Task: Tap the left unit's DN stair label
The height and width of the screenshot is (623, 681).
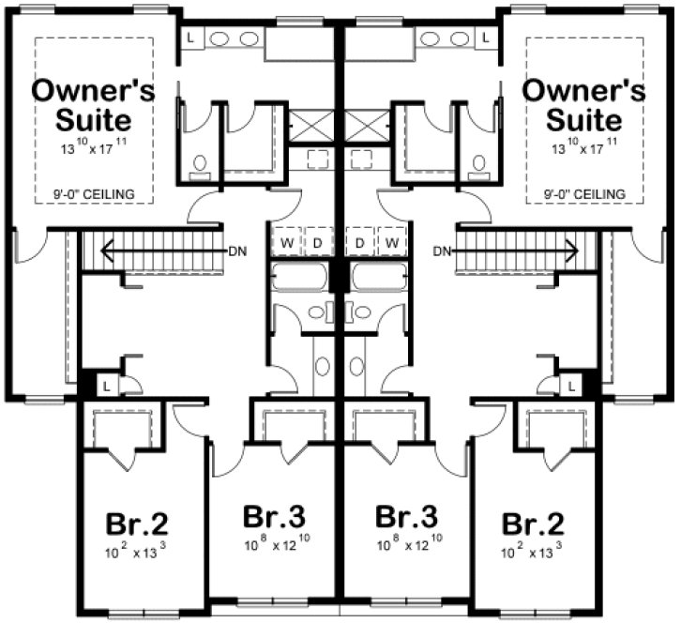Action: coord(236,251)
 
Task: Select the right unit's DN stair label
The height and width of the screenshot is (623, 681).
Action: coord(443,251)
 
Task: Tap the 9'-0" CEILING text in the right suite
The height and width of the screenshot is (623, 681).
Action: coord(584,194)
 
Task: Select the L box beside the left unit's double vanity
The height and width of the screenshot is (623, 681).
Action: coord(190,38)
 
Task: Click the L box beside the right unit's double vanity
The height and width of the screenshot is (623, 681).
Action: coord(487,38)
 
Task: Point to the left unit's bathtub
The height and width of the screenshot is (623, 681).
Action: coord(298,279)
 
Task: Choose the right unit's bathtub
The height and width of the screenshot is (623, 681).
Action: coord(379,279)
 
